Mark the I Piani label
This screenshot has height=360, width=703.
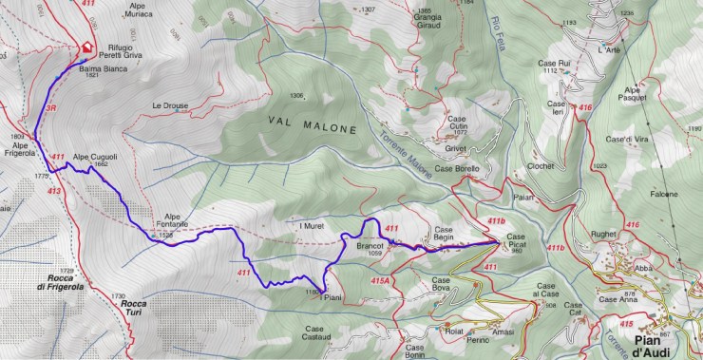(330, 297)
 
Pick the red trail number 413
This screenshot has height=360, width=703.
(52, 191)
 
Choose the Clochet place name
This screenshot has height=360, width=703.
(541, 164)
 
